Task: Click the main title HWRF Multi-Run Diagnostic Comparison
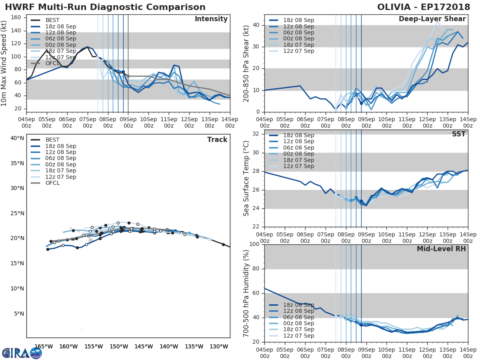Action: coord(105,7)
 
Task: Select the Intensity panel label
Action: coord(211,19)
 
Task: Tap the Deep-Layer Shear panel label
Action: coord(432,19)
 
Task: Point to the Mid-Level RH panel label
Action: coord(441,249)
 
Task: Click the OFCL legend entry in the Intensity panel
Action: coord(52,63)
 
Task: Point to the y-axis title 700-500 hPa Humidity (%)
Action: coord(246,293)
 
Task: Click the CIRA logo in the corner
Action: coord(22,353)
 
